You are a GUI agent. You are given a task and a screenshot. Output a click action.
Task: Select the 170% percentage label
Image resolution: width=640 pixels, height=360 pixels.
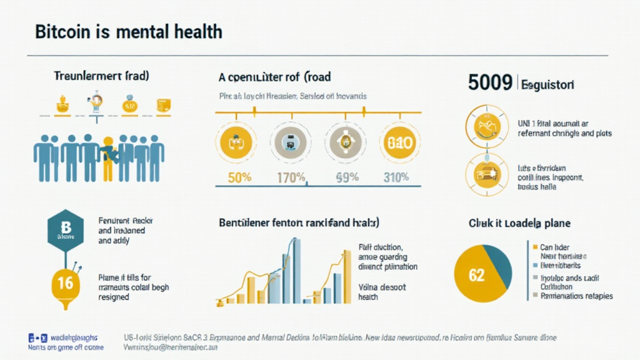pyautogui.click(x=291, y=177)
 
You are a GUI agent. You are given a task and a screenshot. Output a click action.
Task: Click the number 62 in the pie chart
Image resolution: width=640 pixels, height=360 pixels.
pyautogui.click(x=477, y=275)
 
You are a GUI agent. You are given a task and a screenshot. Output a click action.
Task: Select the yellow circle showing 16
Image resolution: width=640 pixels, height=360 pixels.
pyautogui.click(x=65, y=283)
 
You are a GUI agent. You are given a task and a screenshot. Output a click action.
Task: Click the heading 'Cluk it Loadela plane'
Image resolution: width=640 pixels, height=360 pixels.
pyautogui.click(x=519, y=223)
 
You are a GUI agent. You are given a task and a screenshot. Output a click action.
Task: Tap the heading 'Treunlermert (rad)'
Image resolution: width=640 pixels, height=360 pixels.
pyautogui.click(x=97, y=77)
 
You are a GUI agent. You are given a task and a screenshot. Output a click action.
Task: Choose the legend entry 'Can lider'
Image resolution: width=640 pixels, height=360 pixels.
pyautogui.click(x=554, y=247)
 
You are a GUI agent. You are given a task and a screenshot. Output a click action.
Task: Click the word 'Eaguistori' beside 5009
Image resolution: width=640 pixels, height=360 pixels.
pyautogui.click(x=547, y=84)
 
